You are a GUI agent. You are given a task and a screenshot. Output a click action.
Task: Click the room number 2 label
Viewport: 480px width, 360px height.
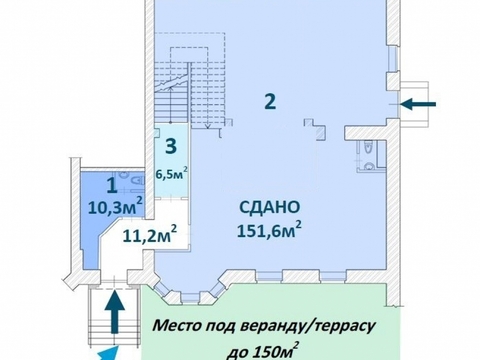tap(270, 101)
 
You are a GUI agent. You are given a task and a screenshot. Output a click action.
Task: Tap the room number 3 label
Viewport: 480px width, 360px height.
tap(171, 146)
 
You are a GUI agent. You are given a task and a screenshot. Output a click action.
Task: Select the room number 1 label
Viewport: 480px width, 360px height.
tap(112, 186)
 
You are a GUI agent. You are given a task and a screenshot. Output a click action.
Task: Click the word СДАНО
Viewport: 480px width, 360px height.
tap(270, 207)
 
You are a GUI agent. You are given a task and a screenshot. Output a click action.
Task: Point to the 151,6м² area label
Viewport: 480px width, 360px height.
tap(270, 229)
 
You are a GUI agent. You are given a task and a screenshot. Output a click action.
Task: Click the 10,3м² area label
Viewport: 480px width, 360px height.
tap(116, 207)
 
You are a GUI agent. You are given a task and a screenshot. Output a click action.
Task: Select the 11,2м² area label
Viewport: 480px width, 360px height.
tap(150, 234)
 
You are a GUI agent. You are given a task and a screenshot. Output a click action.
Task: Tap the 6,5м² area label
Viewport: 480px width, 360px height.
tap(172, 174)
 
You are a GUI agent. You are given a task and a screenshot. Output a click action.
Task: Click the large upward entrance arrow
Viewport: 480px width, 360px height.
tap(115, 311)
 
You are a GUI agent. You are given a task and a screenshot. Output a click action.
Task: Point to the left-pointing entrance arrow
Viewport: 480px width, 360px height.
tap(418, 104)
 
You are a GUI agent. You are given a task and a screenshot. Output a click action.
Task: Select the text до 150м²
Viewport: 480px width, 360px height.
tap(263, 351)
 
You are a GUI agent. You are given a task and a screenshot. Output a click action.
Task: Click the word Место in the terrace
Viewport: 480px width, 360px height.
tap(176, 326)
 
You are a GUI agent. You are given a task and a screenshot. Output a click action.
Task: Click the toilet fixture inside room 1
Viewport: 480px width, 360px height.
tap(138, 181)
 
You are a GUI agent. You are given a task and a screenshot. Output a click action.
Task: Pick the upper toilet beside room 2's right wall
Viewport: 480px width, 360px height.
tap(366, 147)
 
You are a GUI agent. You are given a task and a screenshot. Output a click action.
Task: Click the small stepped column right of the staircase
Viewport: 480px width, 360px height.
tap(315, 128)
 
